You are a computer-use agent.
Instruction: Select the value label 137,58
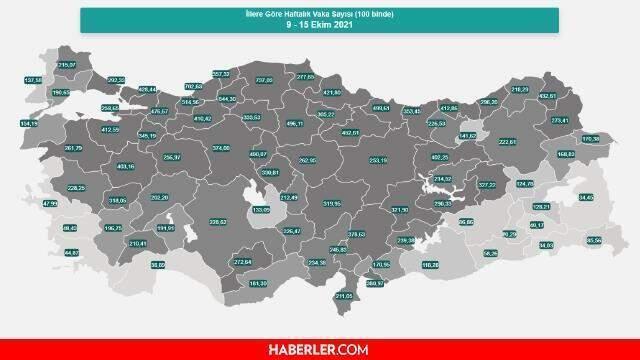click(33, 79)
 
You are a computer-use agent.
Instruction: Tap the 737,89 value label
click(264, 80)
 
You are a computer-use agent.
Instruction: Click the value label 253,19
click(377, 159)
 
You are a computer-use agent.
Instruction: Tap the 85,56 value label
click(593, 241)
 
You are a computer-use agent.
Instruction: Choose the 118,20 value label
click(431, 265)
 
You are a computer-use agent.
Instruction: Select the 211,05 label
click(343, 296)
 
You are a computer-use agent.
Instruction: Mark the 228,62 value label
click(217, 222)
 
